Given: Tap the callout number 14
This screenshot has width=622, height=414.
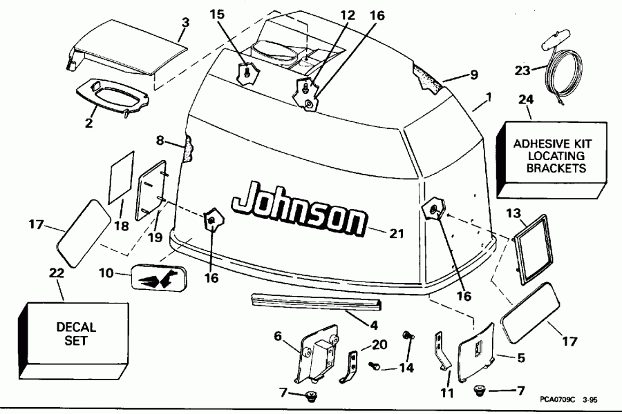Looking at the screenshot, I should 406,368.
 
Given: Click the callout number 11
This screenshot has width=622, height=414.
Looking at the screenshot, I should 448,393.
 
